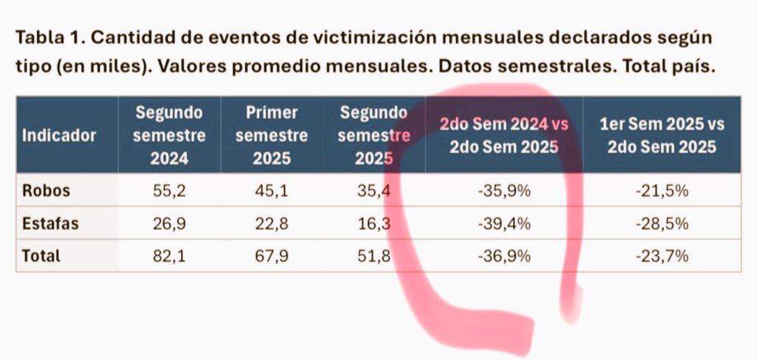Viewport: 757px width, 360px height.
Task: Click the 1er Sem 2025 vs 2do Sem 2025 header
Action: click(x=662, y=135)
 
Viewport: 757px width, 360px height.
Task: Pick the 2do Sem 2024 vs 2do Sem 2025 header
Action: click(x=504, y=135)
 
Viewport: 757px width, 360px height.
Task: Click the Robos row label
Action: click(x=46, y=191)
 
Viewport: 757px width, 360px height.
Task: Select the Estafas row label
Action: click(x=50, y=223)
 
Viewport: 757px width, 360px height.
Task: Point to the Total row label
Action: click(x=41, y=257)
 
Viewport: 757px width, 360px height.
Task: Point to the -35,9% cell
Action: click(x=504, y=191)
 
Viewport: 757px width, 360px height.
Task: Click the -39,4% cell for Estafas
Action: click(x=504, y=223)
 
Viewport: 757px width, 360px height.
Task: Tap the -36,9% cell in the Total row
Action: click(x=504, y=257)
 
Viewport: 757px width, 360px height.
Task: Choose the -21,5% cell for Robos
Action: click(x=662, y=191)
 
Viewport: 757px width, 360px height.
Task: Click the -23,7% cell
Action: click(x=662, y=257)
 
